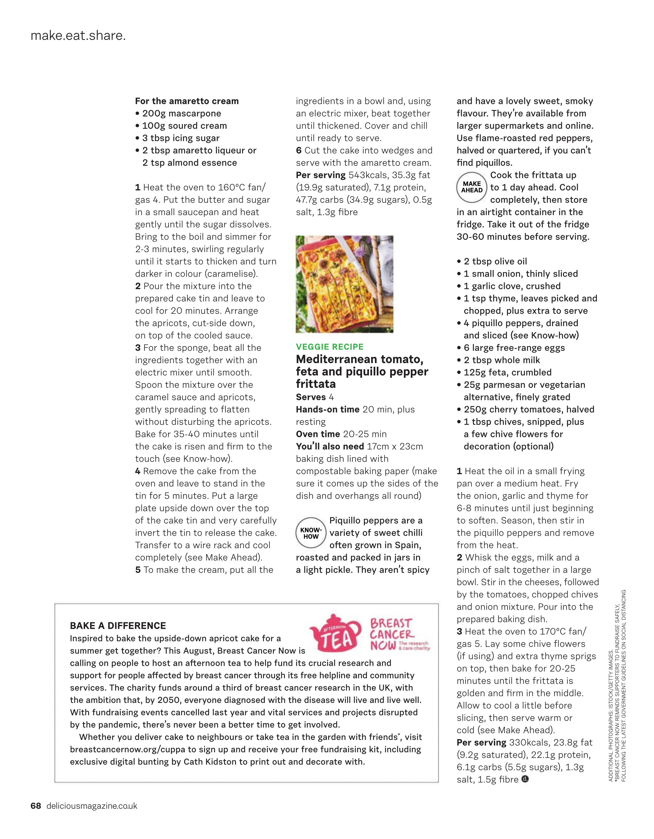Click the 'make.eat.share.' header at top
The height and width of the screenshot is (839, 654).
tap(78, 36)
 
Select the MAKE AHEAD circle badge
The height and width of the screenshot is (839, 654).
tap(472, 187)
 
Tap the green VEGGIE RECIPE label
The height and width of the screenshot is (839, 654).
tap(329, 347)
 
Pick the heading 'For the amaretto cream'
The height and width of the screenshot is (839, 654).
tap(187, 101)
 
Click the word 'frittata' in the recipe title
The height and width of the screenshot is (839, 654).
tap(316, 384)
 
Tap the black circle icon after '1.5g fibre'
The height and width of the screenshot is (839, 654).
tap(525, 779)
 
